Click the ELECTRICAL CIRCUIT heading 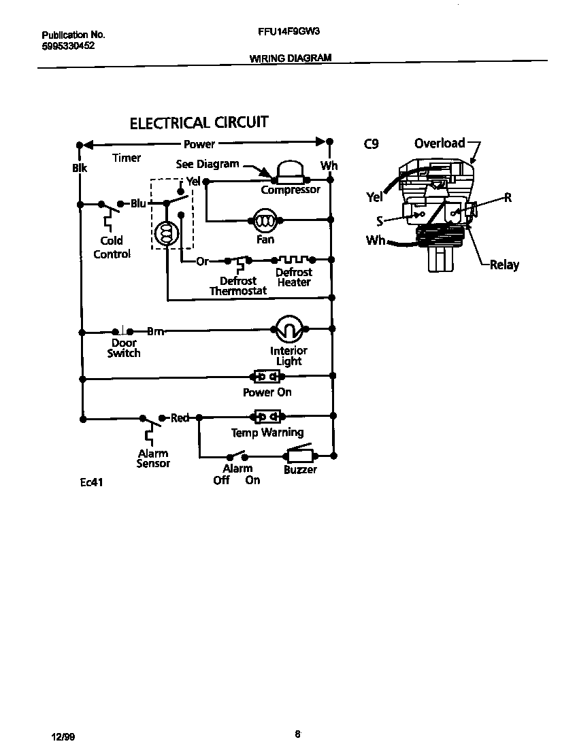pos(199,123)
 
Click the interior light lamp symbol pos(288,330)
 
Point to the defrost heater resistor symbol pos(293,260)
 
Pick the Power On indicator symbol pos(267,376)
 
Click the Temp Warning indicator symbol pos(267,416)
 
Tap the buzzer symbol pos(299,456)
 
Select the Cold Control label pos(112,248)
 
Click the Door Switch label pos(124,348)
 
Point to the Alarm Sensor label pos(153,458)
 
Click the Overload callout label pos(440,143)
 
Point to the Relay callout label pos(504,265)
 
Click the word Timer pos(127,158)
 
